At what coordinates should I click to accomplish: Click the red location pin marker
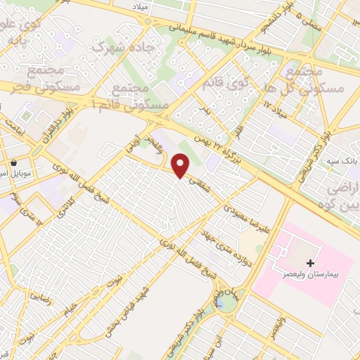coord(181,166)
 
